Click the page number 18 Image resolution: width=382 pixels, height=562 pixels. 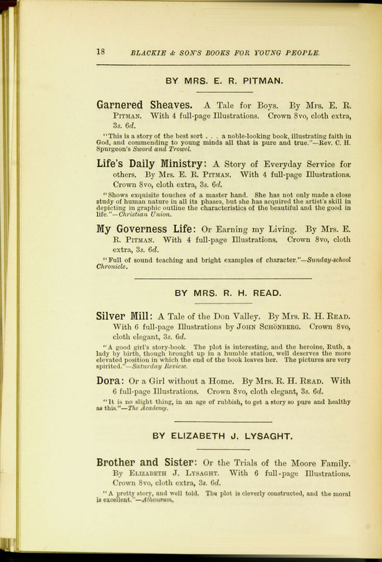[101, 52]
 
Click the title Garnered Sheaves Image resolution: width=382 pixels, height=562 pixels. [144, 105]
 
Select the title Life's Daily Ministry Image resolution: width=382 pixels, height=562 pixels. [149, 164]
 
